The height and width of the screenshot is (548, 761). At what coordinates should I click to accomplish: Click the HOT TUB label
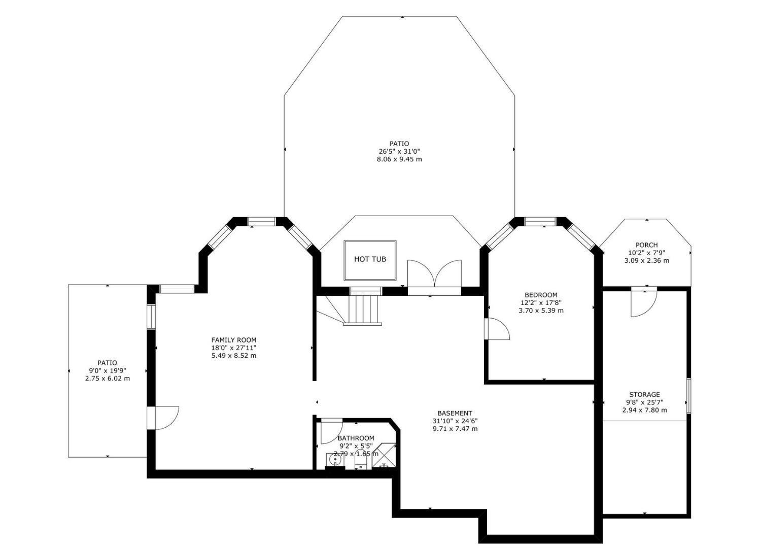pos(370,259)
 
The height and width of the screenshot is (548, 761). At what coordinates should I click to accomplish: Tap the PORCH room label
pos(646,245)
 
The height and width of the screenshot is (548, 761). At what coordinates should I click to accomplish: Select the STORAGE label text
pos(644,394)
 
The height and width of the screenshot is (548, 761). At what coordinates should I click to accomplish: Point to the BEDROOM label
pos(541,295)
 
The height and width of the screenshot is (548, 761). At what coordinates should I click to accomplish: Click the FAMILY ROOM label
pos(234,340)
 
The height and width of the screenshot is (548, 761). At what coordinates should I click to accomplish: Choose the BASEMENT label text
pos(455,413)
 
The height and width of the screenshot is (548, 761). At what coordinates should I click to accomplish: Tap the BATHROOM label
pos(356,438)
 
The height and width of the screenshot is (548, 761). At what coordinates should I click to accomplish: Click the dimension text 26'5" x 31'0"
pos(399,151)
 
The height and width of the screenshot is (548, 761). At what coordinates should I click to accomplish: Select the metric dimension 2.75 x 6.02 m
pos(108,378)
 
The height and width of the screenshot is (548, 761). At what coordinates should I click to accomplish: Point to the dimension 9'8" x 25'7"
pos(644,402)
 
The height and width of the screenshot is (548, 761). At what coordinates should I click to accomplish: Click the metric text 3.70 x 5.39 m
pos(541,310)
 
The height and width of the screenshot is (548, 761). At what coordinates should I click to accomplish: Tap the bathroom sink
pos(335,461)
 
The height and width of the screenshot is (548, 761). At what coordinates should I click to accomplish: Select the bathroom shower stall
pos(384,456)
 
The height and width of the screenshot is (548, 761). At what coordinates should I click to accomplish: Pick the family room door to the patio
pos(163,418)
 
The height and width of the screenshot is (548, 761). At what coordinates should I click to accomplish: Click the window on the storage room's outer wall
pos(688,396)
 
